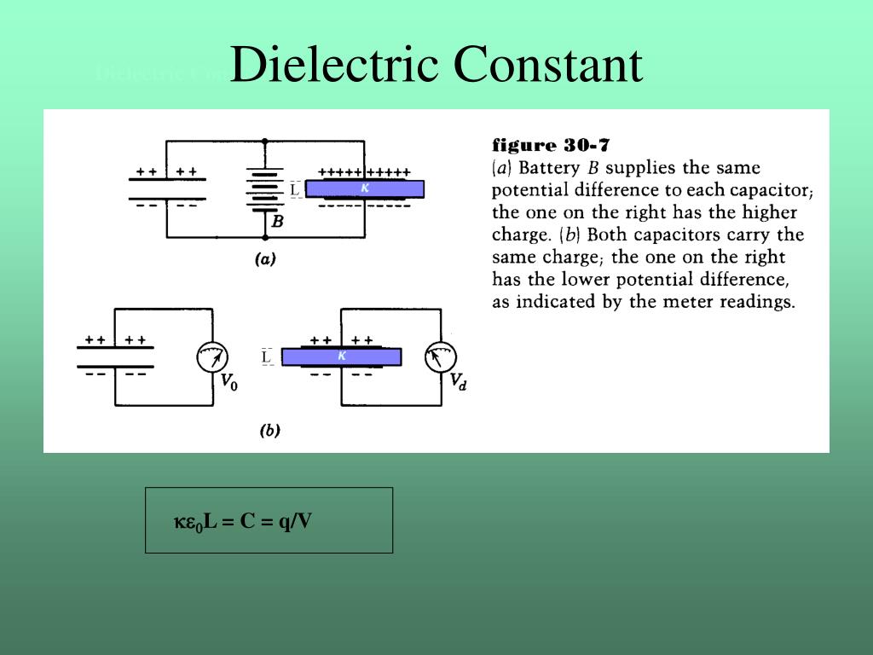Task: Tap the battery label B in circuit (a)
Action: pos(277,222)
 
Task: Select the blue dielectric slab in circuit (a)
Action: pos(364,188)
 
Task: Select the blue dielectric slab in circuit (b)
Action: pos(341,356)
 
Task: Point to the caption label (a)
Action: pos(265,260)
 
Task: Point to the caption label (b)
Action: pos(269,431)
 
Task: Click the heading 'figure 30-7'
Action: pos(551,145)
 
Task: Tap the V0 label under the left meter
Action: pos(229,383)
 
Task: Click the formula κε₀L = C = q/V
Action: pos(243,521)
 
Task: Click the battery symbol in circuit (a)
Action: pos(264,189)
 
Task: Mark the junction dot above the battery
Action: pos(264,142)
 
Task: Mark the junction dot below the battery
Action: pos(264,237)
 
